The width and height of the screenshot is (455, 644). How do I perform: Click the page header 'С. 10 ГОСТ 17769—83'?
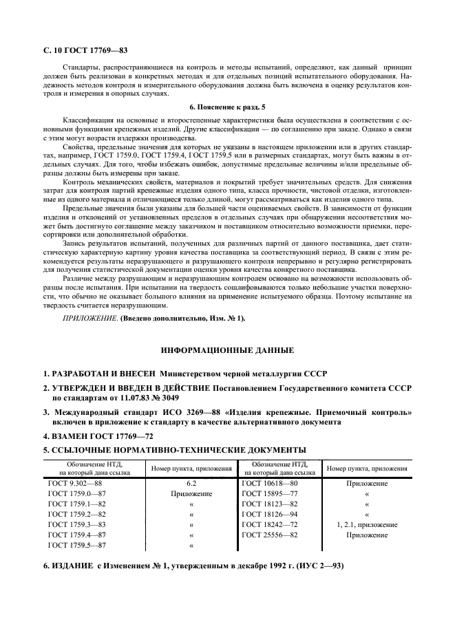point(86,50)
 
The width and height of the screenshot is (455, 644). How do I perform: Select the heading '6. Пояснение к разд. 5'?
point(226,107)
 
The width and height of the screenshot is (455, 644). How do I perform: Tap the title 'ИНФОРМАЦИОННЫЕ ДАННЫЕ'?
point(227,350)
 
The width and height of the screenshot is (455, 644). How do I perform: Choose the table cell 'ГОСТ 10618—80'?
point(270,484)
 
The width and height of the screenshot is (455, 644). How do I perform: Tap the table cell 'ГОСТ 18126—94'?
point(270,514)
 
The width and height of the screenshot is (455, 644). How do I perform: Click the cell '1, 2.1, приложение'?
point(366,524)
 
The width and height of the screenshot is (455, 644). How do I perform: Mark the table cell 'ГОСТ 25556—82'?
point(270,535)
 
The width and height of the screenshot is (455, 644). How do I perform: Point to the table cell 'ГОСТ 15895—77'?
point(270,494)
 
